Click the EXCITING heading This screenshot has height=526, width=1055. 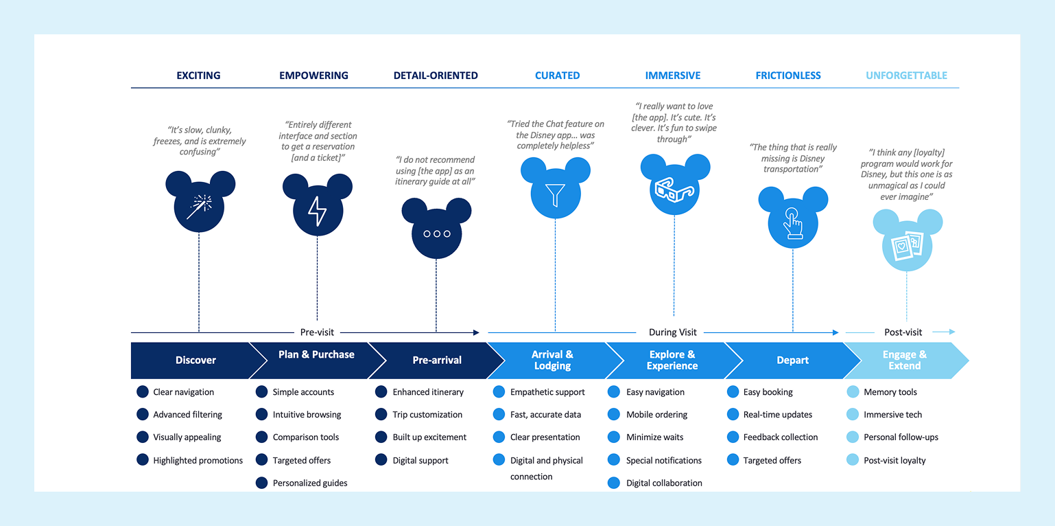pos(198,76)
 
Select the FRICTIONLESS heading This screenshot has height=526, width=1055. pos(788,76)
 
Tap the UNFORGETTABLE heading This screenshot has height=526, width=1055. pos(906,76)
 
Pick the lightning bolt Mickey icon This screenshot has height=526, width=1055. pos(317,209)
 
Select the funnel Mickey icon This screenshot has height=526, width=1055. pos(555,194)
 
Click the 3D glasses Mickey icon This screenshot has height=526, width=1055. pos(674,189)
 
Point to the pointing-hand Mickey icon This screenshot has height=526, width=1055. pos(793,221)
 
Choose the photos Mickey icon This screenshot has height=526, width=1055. pos(907,244)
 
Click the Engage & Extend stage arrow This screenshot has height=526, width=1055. pos(905,361)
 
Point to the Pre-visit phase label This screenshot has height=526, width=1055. pos(317,332)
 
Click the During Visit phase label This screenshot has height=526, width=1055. pos(672,332)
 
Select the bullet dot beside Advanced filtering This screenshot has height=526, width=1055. pos(143,415)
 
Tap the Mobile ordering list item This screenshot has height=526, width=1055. pos(656,415)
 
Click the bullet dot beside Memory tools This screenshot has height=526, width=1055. pos(853,392)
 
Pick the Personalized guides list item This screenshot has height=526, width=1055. pos(310,483)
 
